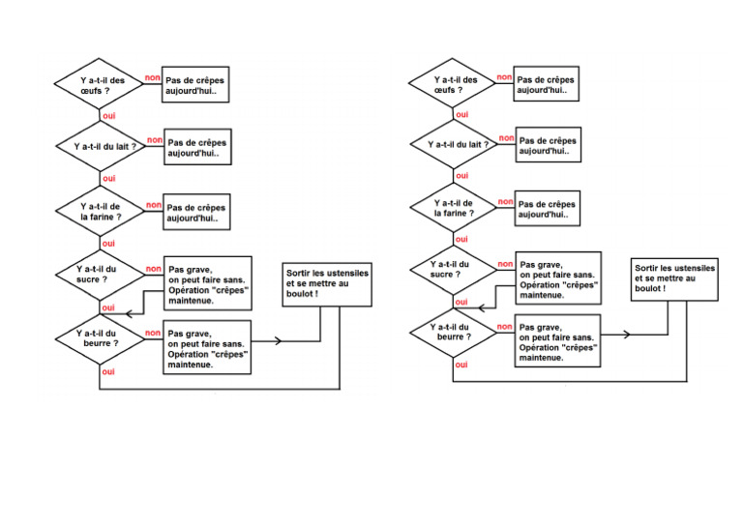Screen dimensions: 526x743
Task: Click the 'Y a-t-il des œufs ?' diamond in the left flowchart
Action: [101, 84]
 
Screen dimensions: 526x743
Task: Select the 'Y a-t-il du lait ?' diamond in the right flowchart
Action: [454, 145]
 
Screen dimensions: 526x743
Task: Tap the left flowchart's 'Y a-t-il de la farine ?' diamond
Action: [101, 212]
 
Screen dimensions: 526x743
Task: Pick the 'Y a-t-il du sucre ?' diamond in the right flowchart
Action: [453, 269]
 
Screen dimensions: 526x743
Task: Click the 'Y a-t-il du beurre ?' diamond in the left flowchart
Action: [101, 337]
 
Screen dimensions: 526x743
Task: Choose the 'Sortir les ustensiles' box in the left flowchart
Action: [326, 283]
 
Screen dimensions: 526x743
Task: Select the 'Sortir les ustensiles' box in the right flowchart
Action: [674, 278]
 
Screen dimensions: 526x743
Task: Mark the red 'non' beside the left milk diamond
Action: [154, 140]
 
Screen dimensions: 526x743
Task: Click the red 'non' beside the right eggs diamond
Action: [504, 77]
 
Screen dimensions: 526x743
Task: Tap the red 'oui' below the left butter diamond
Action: [108, 370]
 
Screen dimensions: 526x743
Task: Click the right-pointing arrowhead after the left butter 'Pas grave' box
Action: [280, 341]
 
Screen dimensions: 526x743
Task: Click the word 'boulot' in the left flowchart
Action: [300, 293]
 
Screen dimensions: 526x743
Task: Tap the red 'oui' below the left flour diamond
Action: [108, 244]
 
